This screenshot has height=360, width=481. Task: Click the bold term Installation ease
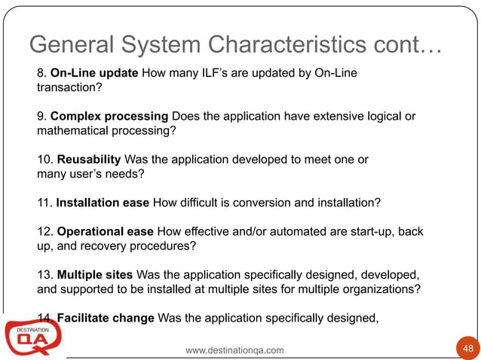coord(103,203)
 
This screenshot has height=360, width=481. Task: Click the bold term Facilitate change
coord(106,318)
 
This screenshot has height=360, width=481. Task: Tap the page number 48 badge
coord(467,348)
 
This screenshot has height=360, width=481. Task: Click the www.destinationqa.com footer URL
coord(234,350)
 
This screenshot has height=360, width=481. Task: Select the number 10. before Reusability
coord(44,160)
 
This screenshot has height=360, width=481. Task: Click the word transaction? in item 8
coord(69,87)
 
